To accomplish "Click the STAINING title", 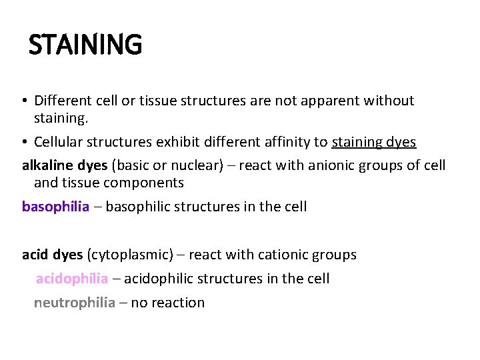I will pyautogui.click(x=85, y=45).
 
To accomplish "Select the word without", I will pyautogui.click(x=390, y=101).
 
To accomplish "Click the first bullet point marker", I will pyautogui.click(x=24, y=101).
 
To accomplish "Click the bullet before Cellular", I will pyautogui.click(x=24, y=143).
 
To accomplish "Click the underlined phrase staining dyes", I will pyautogui.click(x=373, y=142).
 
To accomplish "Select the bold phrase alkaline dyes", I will pyautogui.click(x=65, y=165).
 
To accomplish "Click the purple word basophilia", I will pyautogui.click(x=55, y=206).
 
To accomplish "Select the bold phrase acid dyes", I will pyautogui.click(x=53, y=254).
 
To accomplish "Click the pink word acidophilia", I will pyautogui.click(x=71, y=278).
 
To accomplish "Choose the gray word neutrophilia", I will pyautogui.click(x=75, y=302).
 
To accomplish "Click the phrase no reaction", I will pyautogui.click(x=168, y=302).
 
